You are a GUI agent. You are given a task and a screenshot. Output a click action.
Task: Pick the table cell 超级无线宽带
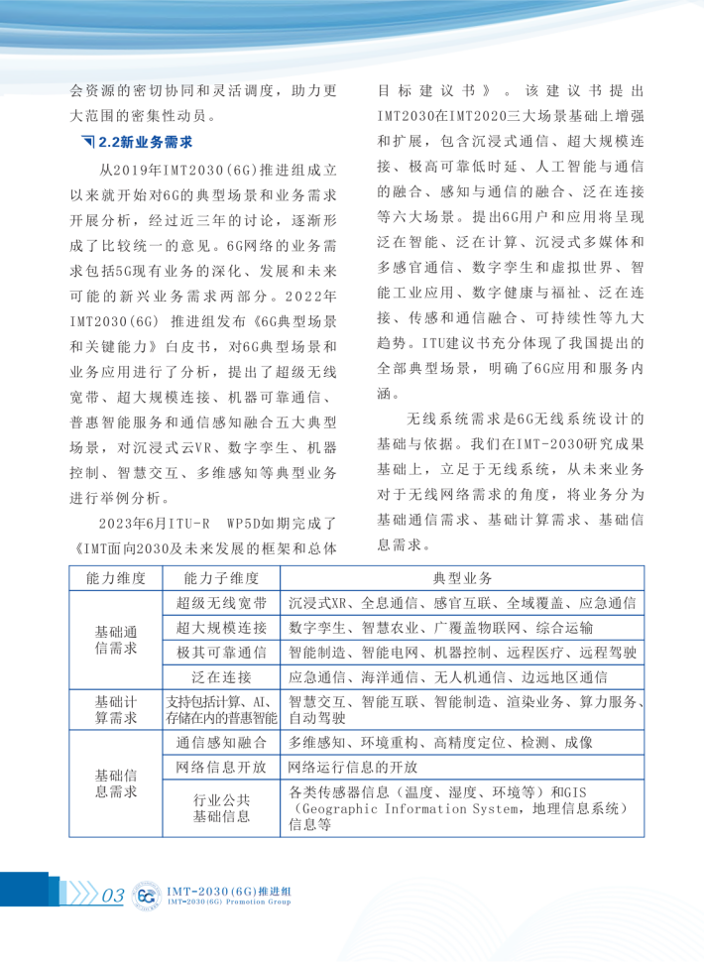[222, 603]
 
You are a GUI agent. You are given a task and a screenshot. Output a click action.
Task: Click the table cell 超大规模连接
[222, 628]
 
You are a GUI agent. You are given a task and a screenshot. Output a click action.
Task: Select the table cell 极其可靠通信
[222, 653]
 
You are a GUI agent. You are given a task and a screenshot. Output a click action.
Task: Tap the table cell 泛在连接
[222, 677]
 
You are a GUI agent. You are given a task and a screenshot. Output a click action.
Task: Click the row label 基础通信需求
[116, 641]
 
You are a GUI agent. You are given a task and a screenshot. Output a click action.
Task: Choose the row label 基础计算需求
[116, 710]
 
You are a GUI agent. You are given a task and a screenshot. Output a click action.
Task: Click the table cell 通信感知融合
[222, 743]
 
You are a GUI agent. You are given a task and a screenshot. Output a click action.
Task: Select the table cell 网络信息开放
[222, 768]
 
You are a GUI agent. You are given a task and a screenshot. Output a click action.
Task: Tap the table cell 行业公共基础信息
[222, 808]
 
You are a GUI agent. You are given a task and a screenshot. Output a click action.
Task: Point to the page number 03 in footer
[112, 897]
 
